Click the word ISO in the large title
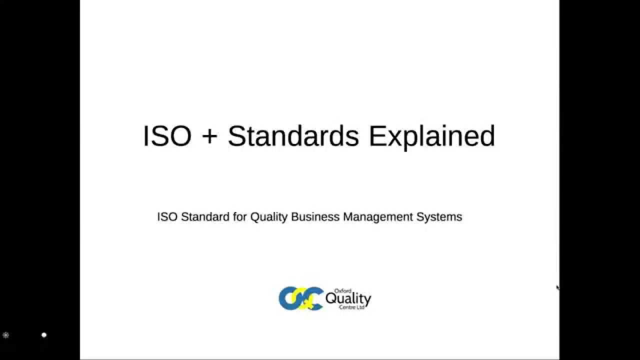[x=167, y=136]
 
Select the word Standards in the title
[x=293, y=136]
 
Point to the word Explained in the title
[x=432, y=137]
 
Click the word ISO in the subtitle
[x=167, y=217]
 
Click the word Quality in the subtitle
[x=268, y=217]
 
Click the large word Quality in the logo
[x=348, y=299]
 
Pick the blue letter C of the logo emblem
[x=314, y=298]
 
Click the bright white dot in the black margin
[x=44, y=335]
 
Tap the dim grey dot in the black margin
[x=6, y=335]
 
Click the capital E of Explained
[x=376, y=136]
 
